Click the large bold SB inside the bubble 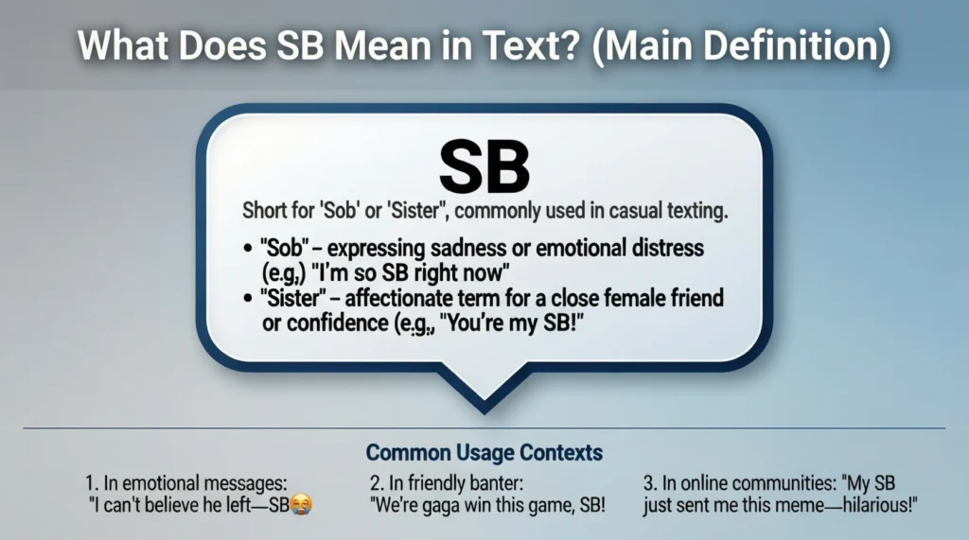click(484, 166)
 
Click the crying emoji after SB click(302, 504)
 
